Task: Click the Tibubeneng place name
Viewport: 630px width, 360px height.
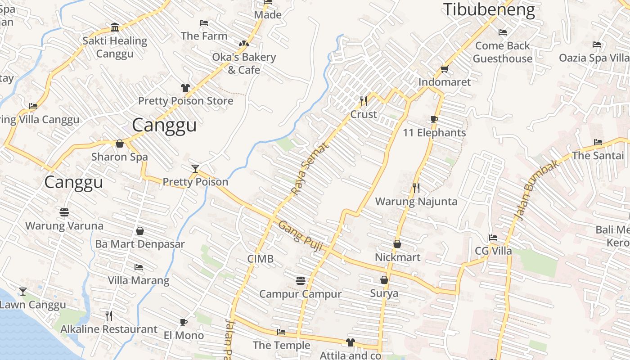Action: coord(489,9)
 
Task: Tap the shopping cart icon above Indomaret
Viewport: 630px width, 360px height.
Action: coord(444,69)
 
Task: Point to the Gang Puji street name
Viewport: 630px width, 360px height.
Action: coord(298,232)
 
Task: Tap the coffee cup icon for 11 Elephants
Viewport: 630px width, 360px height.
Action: coord(434,119)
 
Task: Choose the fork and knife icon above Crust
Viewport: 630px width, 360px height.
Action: coord(364,101)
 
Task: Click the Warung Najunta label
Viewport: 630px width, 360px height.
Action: coord(416,201)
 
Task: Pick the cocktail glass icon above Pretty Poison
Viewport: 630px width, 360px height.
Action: coord(195,168)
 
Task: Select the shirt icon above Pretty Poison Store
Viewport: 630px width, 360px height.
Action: coord(185,87)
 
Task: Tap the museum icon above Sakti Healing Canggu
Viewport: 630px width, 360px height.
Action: coord(115,27)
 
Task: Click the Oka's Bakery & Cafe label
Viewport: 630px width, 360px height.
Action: coord(244,63)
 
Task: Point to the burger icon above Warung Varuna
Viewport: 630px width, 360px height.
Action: coord(64,212)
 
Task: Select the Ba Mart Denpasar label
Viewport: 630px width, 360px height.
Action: coord(140,244)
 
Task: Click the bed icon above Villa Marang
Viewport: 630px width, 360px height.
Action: coord(139,267)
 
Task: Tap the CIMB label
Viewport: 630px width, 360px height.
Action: coord(260,259)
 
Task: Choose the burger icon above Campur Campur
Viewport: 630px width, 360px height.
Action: coord(301,281)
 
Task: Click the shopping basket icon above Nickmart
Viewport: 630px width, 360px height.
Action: coord(397,244)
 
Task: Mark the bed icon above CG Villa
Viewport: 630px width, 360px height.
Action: coord(493,237)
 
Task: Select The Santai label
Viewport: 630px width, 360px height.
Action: coord(598,156)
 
